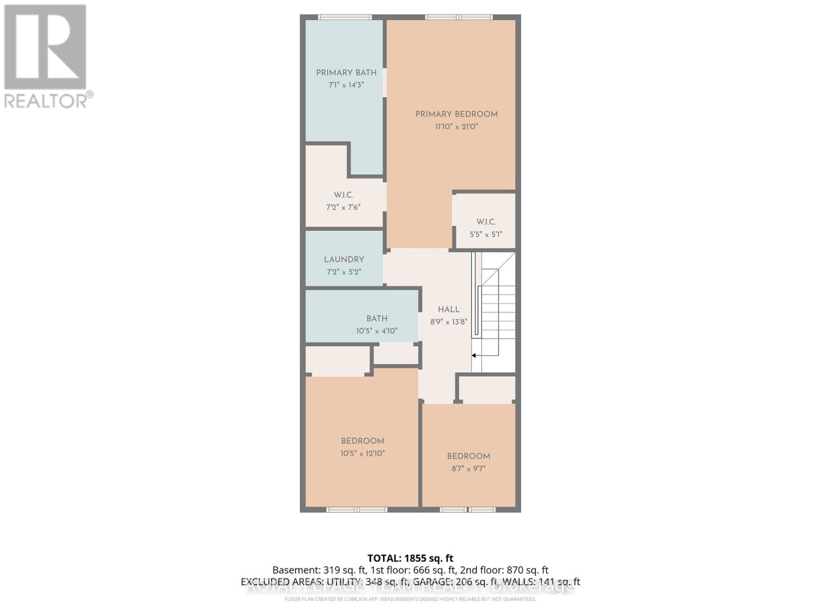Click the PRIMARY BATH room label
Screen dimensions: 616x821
click(x=346, y=73)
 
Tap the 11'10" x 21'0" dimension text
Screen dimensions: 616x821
click(x=456, y=127)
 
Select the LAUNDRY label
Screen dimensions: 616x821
click(x=344, y=260)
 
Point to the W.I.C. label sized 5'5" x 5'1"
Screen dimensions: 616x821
click(x=485, y=222)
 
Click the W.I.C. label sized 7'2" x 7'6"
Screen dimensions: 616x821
click(x=343, y=195)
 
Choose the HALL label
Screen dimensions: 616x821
click(x=448, y=310)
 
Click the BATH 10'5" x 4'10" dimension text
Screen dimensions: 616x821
click(x=377, y=331)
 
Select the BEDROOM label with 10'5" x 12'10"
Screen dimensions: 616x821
click(x=362, y=441)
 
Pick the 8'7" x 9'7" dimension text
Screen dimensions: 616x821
click(x=468, y=469)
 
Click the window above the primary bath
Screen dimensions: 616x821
click(x=344, y=17)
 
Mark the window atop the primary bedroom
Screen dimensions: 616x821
click(x=459, y=17)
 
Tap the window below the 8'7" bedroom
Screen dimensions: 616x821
click(x=467, y=510)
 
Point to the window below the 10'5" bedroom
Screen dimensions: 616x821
click(x=357, y=510)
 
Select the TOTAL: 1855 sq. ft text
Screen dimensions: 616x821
click(x=410, y=558)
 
